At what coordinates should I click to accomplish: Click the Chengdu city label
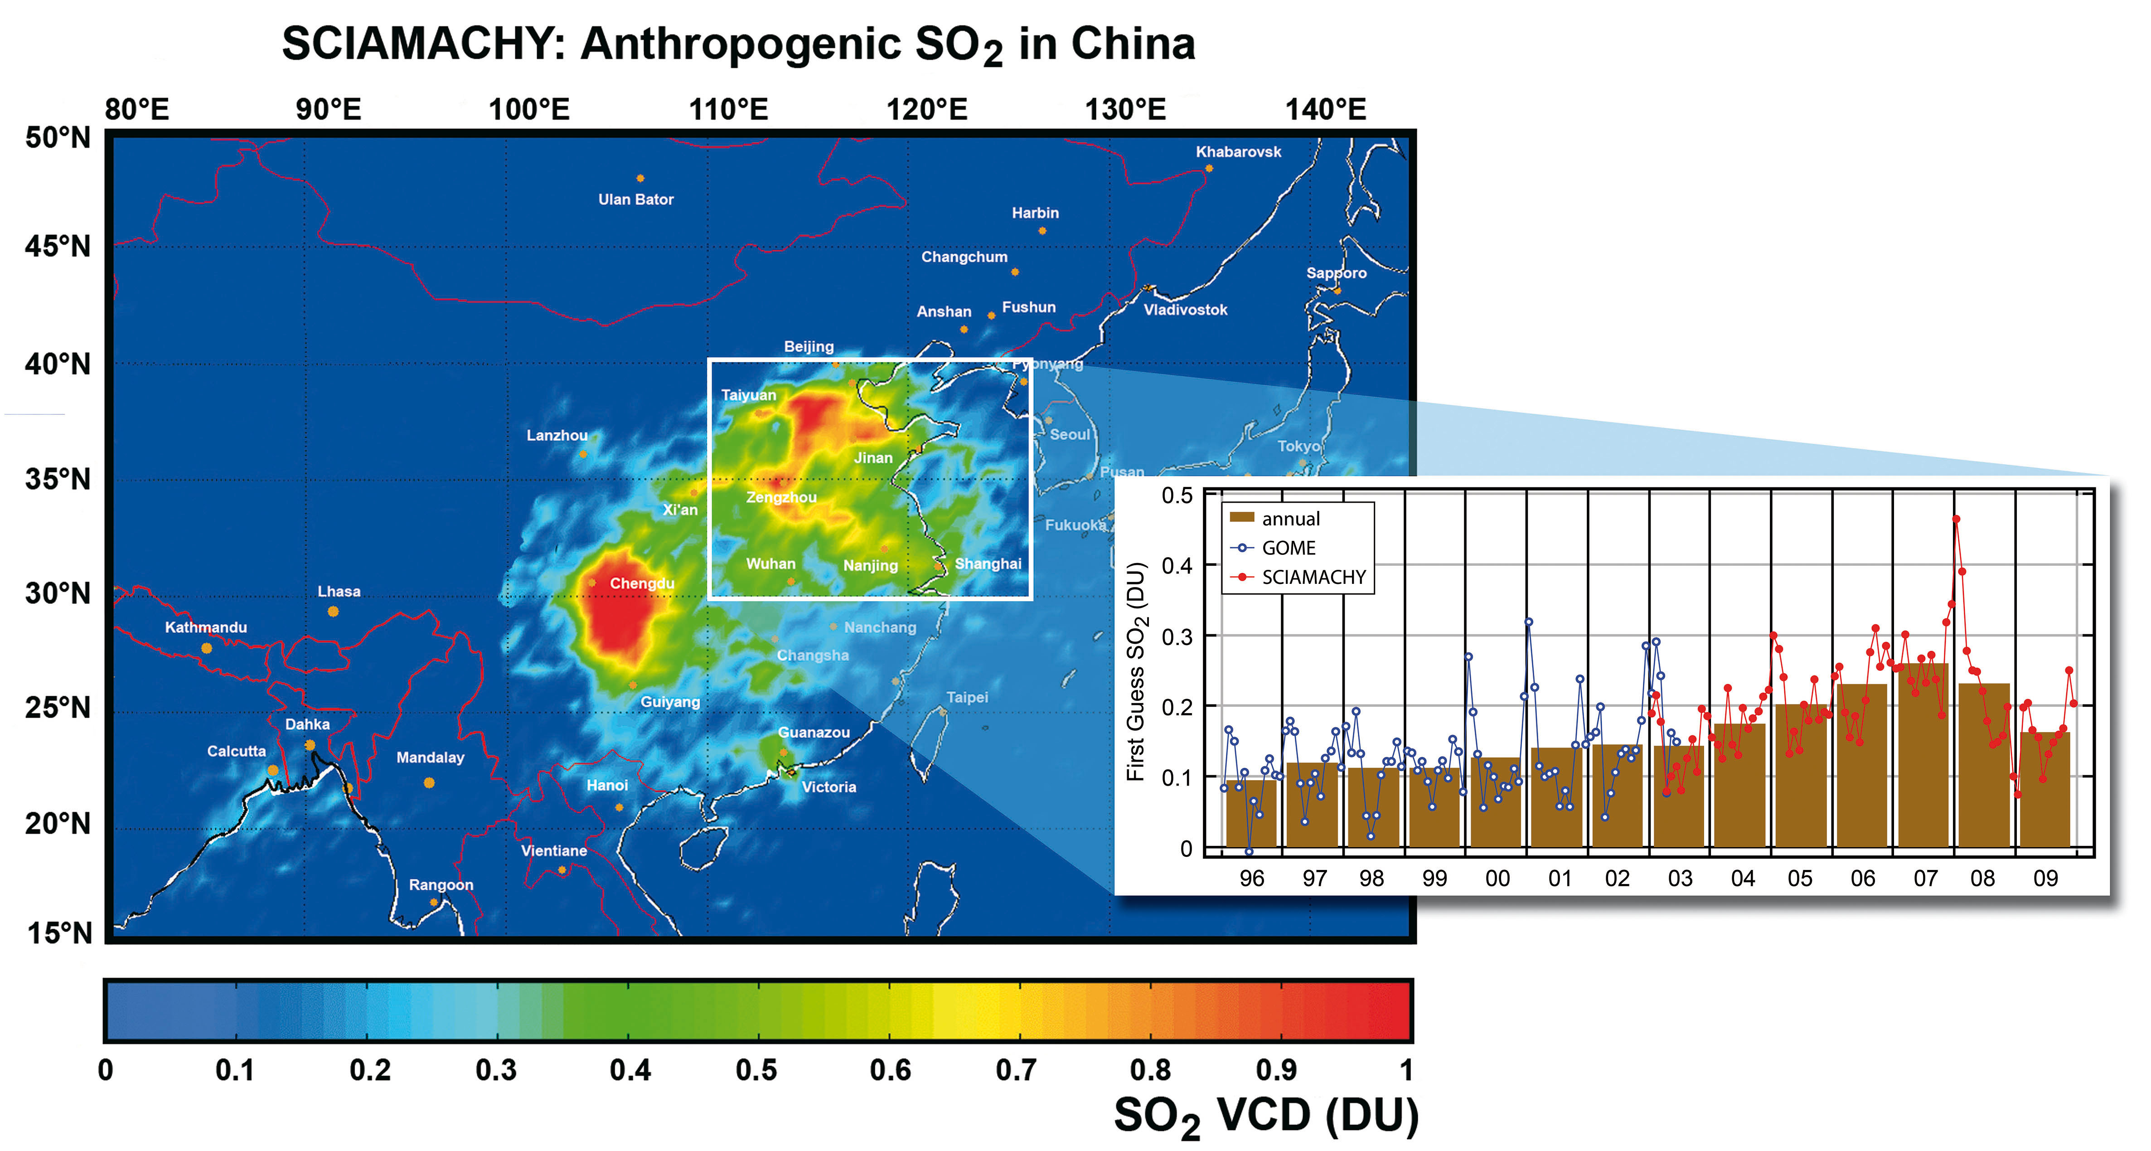[x=641, y=583]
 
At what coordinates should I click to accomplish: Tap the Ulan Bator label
[x=635, y=199]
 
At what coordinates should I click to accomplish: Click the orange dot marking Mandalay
[x=429, y=782]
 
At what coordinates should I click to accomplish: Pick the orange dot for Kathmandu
[x=206, y=648]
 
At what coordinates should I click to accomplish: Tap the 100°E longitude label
[x=528, y=109]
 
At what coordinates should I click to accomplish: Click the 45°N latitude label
[x=57, y=247]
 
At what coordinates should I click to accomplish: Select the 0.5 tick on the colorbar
[x=756, y=1070]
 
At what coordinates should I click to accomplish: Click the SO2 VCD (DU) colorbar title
[x=1265, y=1116]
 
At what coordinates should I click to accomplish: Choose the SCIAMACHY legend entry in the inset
[x=1313, y=577]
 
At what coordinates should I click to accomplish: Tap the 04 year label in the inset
[x=1743, y=879]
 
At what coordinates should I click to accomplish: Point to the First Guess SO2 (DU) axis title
[x=1136, y=672]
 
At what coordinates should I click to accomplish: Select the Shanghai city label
[x=988, y=564]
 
